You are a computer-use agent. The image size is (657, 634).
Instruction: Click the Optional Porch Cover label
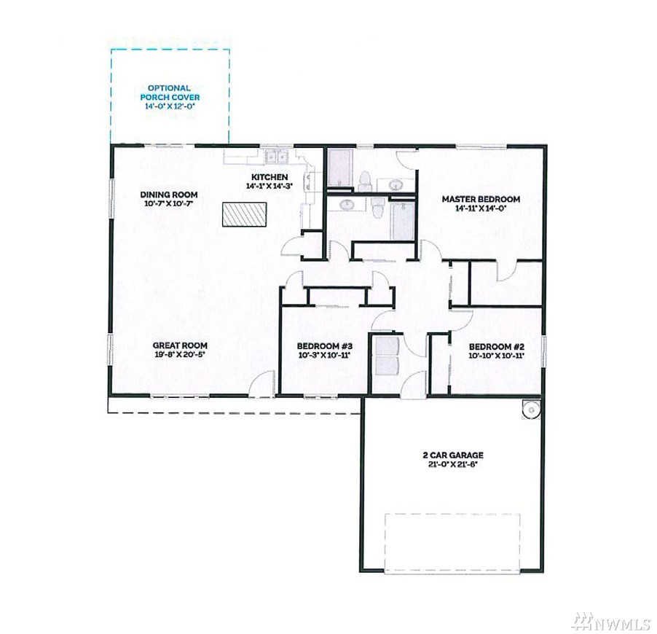pos(170,93)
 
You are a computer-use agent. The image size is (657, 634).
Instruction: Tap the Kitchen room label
pos(270,177)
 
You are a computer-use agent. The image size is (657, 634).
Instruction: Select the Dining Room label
pos(169,195)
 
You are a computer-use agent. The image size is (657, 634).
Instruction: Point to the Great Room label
pos(180,345)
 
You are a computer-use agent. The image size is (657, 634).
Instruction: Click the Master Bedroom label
pos(481,199)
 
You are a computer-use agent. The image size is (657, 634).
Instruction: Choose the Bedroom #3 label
pos(325,346)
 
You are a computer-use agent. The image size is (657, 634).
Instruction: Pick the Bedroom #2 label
pos(497,347)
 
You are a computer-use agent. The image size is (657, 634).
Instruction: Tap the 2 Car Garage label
pos(453,455)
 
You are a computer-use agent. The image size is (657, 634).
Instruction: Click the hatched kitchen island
pos(245,215)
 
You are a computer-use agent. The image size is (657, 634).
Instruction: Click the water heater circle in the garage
pos(532,410)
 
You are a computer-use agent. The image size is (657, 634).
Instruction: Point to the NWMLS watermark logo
pos(613,621)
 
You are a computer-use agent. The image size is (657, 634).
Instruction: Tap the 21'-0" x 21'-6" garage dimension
pos(453,465)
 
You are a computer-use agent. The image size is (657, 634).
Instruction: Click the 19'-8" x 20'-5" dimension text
pos(180,355)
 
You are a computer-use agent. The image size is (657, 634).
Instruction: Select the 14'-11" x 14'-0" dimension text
pos(481,208)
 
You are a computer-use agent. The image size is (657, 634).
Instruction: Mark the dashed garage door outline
pos(452,543)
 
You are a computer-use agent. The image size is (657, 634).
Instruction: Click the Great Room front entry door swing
pos(261,383)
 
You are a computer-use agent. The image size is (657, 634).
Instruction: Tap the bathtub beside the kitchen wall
pos(340,168)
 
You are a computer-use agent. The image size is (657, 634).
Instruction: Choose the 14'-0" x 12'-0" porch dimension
pos(170,106)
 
